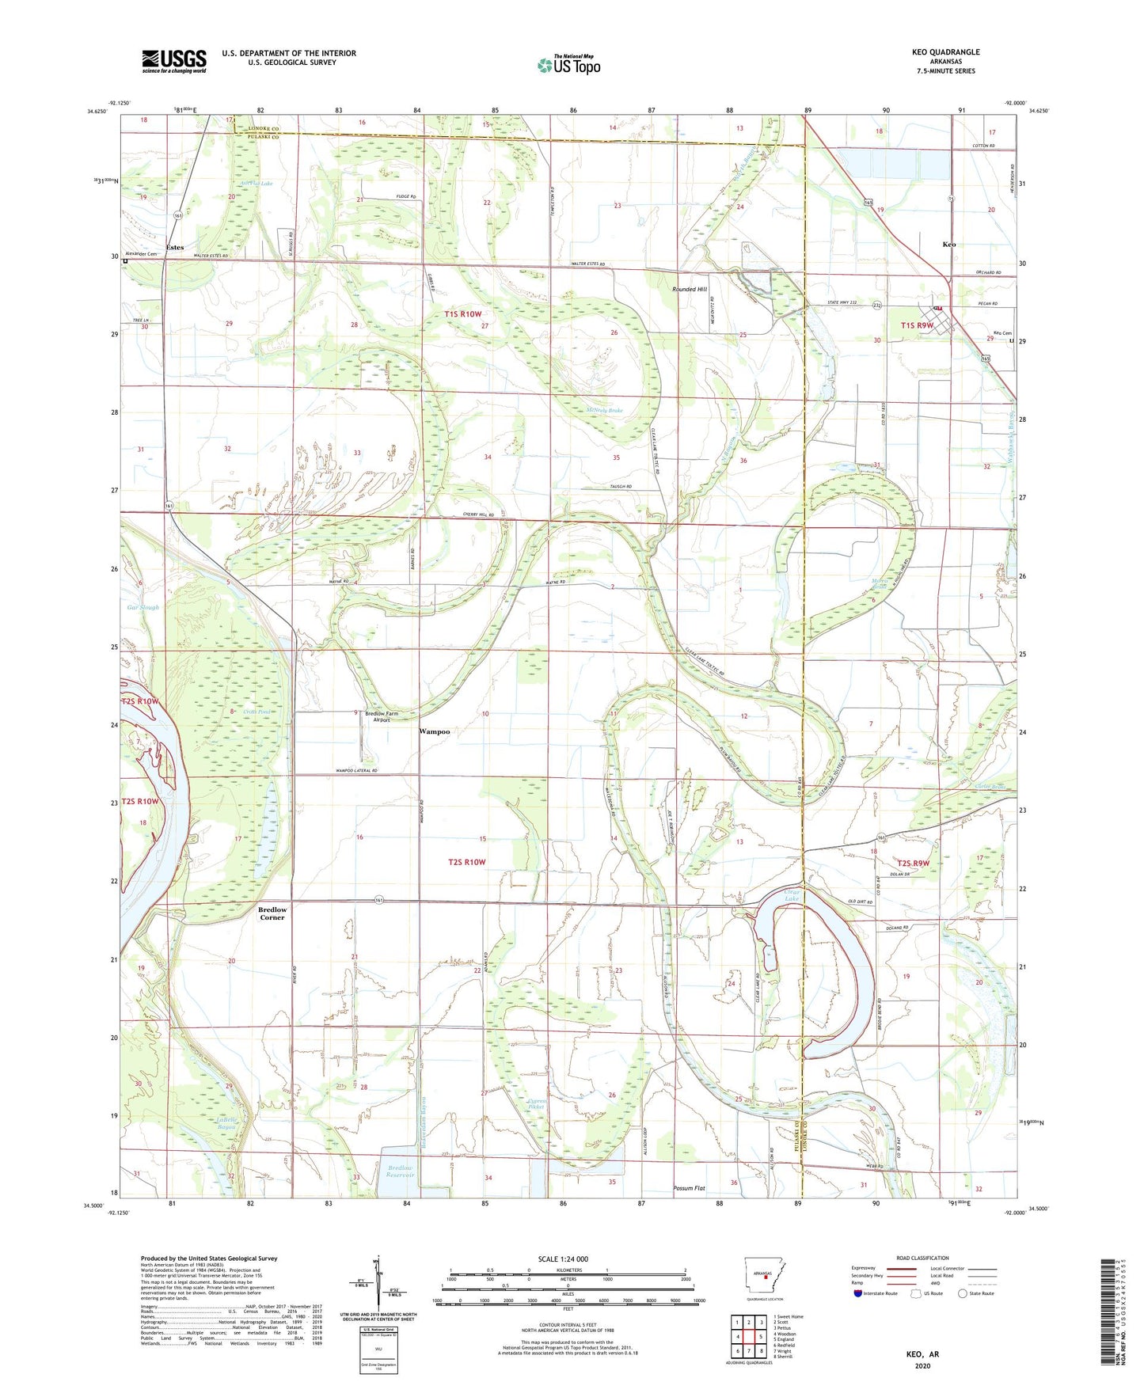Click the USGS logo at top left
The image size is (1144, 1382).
coord(173,60)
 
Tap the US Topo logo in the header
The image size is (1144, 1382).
coord(568,66)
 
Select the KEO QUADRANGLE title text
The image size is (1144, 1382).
coord(945,52)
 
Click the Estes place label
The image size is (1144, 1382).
coord(175,248)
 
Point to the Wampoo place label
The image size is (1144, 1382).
coord(434,731)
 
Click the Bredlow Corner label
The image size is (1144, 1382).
coord(272,913)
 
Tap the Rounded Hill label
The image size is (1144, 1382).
coord(690,290)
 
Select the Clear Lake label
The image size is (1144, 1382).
coord(792,896)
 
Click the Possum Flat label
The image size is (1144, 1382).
coord(688,1188)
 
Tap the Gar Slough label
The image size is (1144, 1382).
coord(143,608)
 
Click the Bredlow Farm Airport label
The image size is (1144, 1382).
coord(382,716)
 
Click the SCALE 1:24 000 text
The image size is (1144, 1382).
coord(563,1259)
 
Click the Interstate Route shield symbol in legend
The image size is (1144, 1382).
coord(858,1293)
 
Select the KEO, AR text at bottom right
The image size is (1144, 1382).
coord(922,1354)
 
